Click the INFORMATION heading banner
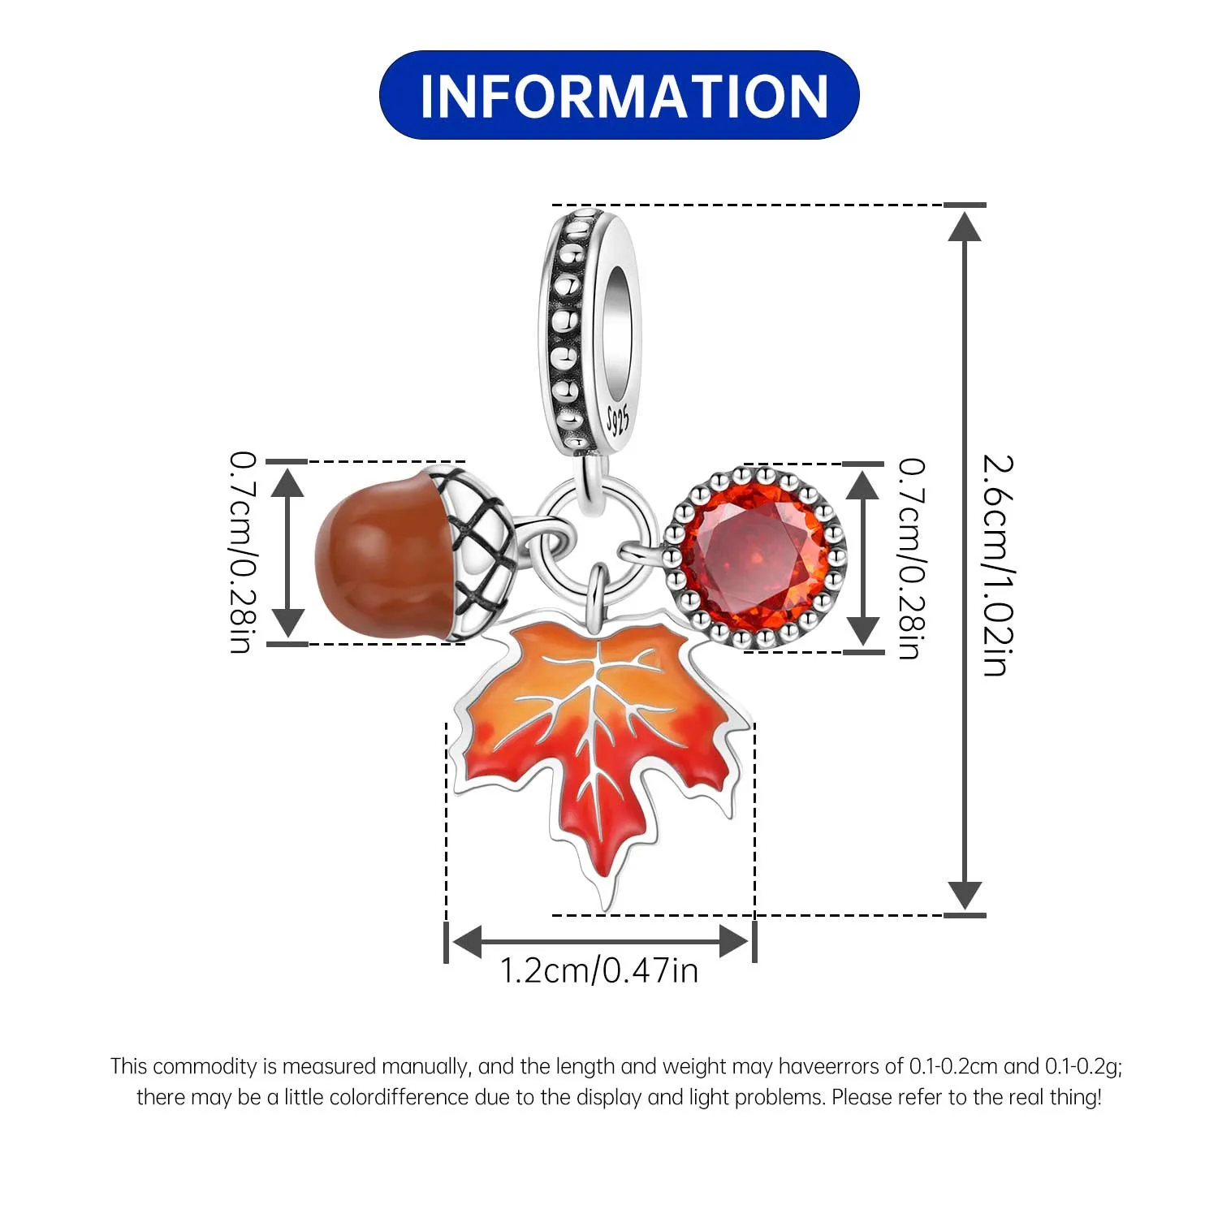(619, 95)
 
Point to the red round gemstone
(755, 557)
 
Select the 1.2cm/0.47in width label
(599, 971)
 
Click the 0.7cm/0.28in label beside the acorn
(243, 553)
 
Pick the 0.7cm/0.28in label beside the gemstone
(910, 559)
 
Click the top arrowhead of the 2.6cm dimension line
(965, 226)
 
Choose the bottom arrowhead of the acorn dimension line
(287, 623)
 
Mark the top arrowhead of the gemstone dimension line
(862, 485)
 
